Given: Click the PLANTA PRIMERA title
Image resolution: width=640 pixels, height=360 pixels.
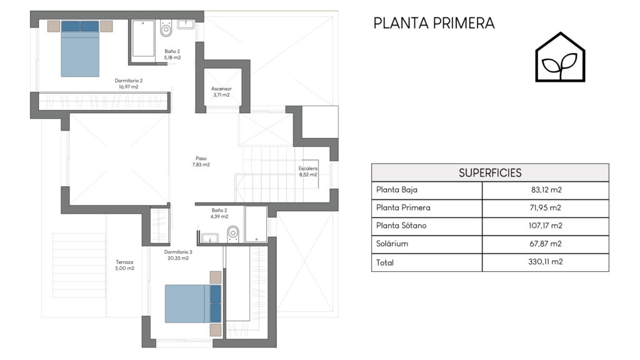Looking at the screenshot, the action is (434, 23).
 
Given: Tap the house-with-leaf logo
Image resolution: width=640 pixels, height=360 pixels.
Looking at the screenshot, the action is (560, 57).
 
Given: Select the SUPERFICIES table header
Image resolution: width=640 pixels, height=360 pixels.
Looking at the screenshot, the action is (490, 172).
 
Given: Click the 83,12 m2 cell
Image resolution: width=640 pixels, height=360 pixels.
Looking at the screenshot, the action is (546, 190).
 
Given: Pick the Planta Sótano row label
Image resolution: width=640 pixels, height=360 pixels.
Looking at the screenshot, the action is (401, 225).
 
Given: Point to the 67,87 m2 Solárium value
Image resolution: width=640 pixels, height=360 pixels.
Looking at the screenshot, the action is (545, 244).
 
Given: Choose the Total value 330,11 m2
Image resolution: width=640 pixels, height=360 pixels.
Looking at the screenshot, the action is (545, 262).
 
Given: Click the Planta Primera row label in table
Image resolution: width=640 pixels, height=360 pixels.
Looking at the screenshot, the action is (403, 207).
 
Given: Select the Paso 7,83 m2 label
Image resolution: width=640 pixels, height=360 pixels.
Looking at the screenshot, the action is (201, 161).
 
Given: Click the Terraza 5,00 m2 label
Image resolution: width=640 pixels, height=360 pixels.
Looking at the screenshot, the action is (124, 265).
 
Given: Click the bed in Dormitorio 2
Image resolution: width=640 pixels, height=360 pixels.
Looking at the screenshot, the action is (80, 49).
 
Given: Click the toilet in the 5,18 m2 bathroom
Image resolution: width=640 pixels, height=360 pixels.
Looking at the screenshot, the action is (166, 27).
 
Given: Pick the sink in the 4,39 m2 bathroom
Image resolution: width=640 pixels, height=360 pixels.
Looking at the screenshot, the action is (210, 237).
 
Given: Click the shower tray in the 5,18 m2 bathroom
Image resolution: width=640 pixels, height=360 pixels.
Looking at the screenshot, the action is (143, 38).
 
